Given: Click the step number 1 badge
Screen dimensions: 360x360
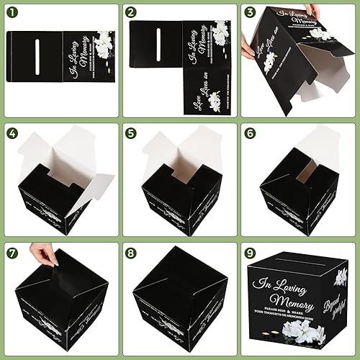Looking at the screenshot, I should click(x=12, y=12).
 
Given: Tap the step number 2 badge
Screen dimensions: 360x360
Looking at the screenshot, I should click(x=130, y=12).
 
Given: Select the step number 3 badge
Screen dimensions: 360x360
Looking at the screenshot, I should click(x=250, y=12).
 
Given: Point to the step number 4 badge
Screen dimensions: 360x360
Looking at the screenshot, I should click(x=12, y=132).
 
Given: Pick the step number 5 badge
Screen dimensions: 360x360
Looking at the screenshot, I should click(x=130, y=132).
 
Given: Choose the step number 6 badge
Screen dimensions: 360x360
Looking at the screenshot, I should click(x=250, y=132).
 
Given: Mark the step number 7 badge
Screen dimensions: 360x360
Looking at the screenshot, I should click(x=12, y=253).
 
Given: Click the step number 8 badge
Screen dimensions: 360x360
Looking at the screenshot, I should click(x=130, y=253).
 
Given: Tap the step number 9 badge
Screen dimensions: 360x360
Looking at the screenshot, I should click(x=250, y=253).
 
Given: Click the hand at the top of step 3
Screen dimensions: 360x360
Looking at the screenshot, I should click(x=312, y=11).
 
